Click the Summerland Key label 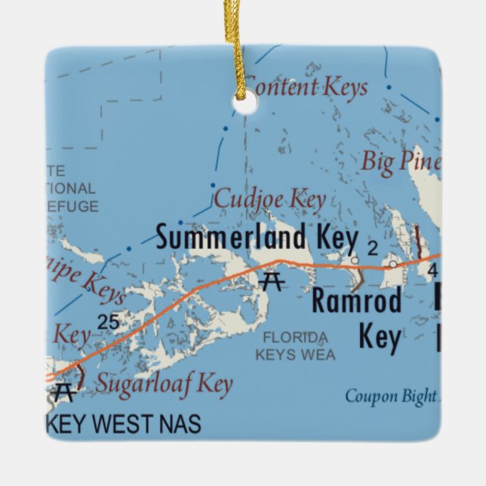[256, 238]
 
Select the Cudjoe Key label [269, 200]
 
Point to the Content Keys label [306, 87]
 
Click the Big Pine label [399, 161]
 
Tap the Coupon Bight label [390, 395]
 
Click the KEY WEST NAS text [124, 424]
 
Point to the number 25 [108, 322]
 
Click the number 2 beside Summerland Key [371, 248]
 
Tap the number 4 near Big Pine [432, 269]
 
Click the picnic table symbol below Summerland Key [271, 282]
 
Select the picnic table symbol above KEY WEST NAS [64, 392]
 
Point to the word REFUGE [72, 206]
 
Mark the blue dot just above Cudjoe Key [213, 185]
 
